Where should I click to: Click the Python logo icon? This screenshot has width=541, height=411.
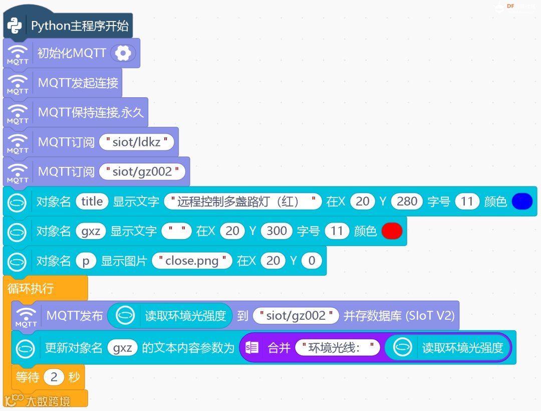tap(15, 26)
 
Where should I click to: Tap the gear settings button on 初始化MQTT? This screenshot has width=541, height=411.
tap(122, 53)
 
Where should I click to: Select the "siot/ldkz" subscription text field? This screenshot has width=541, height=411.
tap(136, 142)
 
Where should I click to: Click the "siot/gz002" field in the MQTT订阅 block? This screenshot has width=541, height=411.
tap(142, 171)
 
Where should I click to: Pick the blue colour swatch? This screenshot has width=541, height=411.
tap(522, 201)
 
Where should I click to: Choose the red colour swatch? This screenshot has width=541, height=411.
tap(392, 231)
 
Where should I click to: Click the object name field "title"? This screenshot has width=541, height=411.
tap(92, 201)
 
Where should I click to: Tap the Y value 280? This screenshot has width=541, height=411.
tap(407, 201)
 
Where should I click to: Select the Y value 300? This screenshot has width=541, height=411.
tap(277, 231)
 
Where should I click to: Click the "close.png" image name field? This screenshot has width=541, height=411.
tap(192, 261)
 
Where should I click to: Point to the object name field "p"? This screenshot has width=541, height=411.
tap(86, 261)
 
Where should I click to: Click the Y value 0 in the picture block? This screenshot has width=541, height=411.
tap(312, 261)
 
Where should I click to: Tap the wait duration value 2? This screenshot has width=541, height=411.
tap(54, 377)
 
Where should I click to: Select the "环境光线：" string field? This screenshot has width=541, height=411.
tap(338, 348)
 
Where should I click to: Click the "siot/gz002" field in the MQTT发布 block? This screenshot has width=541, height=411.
tap(296, 316)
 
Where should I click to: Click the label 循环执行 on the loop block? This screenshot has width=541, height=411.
tap(31, 289)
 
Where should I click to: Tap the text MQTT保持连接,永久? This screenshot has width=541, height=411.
tap(91, 112)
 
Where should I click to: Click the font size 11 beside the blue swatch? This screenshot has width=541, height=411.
tap(467, 201)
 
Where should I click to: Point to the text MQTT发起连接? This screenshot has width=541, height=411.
tap(78, 83)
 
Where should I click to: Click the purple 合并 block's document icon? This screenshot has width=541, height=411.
tap(253, 348)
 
